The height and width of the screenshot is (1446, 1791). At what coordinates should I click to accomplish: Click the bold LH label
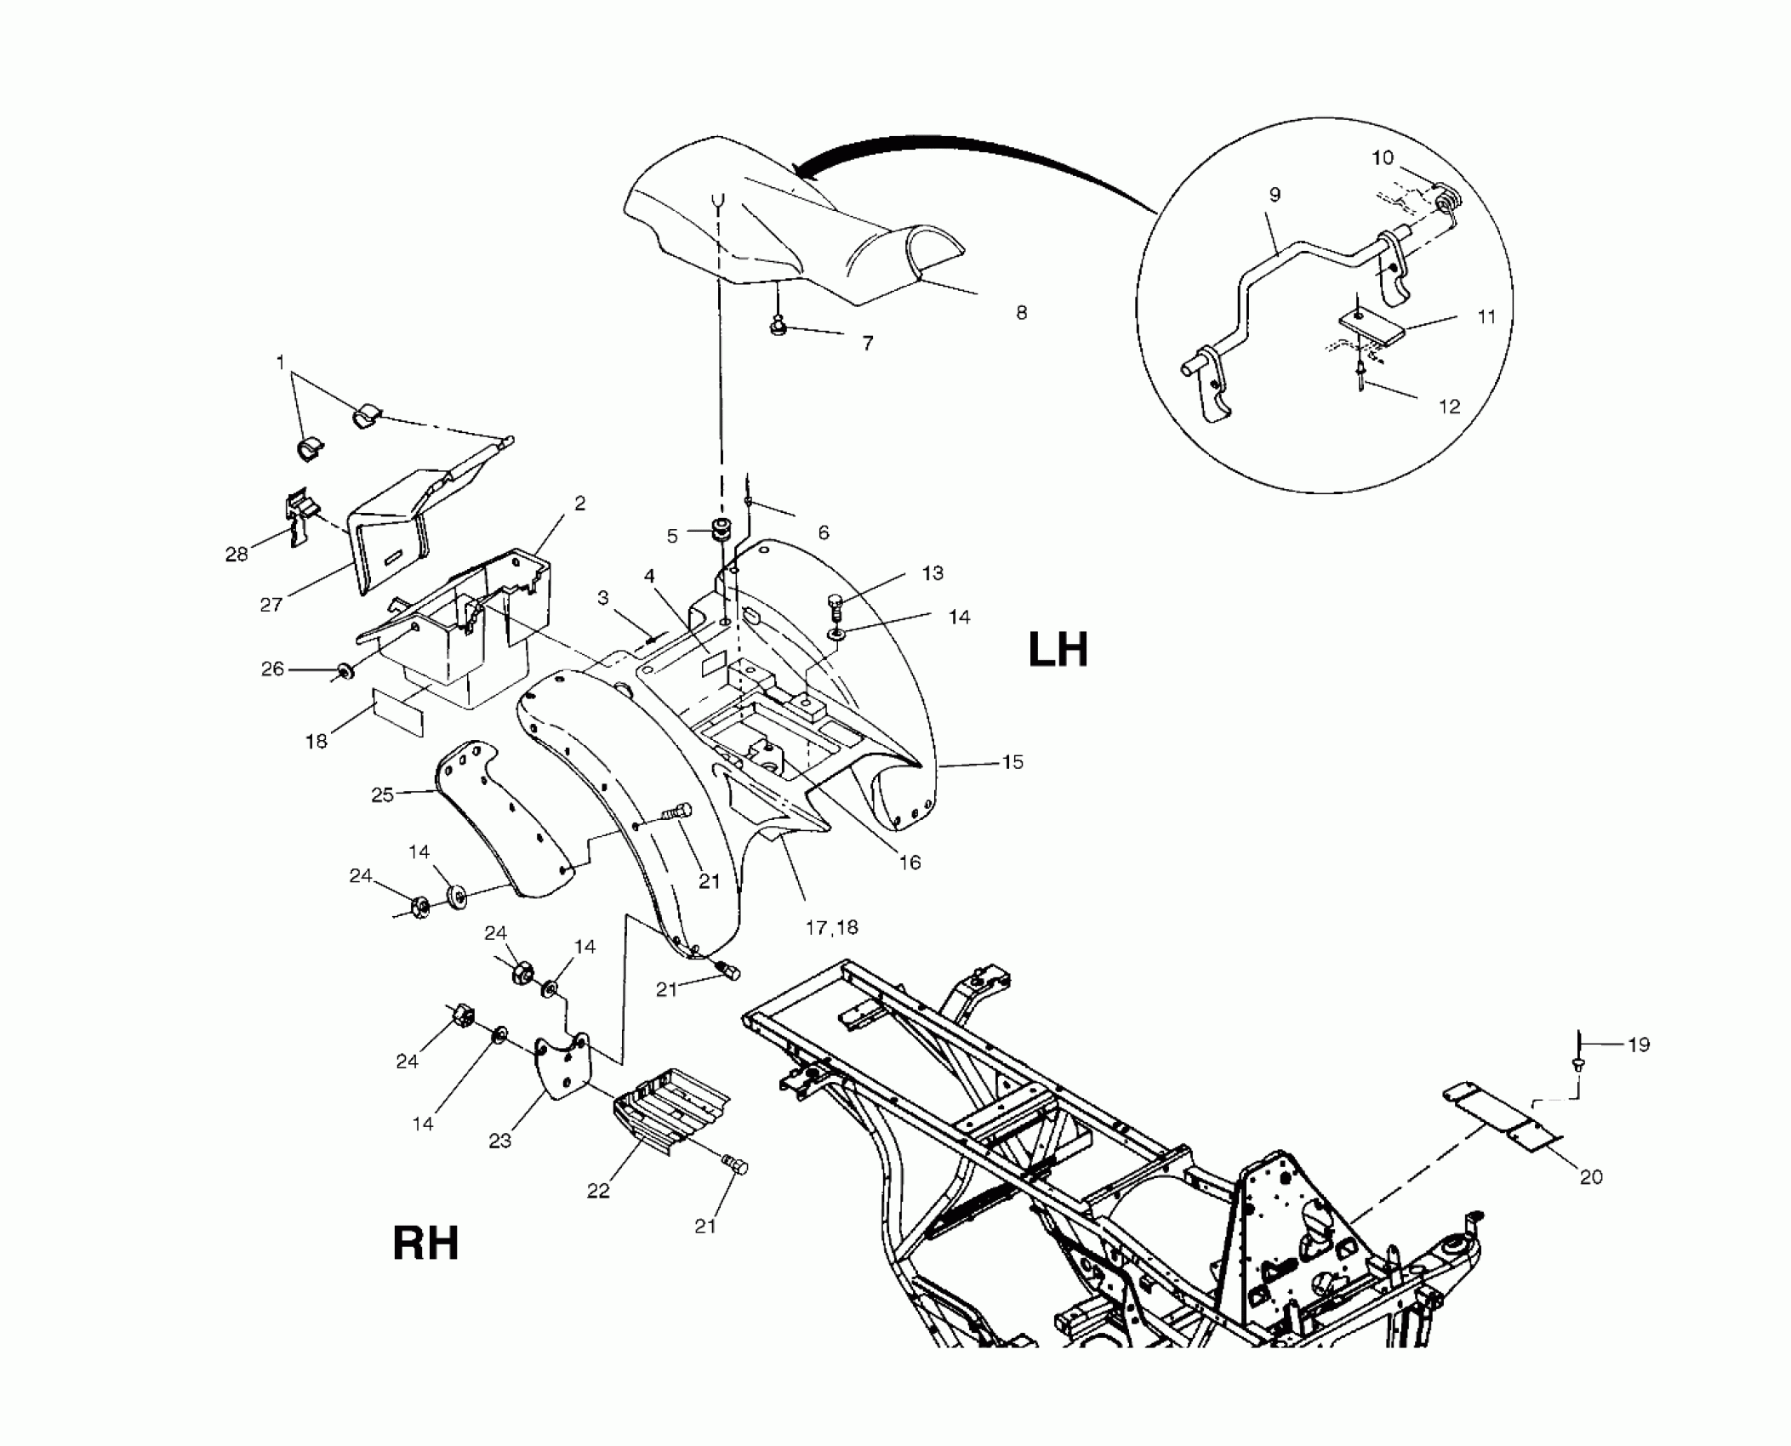(1058, 652)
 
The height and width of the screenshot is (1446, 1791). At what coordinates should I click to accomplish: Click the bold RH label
(425, 1244)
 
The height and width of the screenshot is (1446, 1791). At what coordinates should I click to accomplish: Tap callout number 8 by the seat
(1021, 313)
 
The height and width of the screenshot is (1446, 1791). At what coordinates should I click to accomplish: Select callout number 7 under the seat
(867, 344)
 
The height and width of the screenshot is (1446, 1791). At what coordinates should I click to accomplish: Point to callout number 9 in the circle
(1275, 196)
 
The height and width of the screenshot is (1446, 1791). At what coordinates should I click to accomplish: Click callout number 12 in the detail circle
(1448, 407)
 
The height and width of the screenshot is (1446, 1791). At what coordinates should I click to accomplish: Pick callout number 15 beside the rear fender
(1012, 762)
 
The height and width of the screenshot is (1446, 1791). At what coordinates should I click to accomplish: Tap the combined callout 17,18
(831, 928)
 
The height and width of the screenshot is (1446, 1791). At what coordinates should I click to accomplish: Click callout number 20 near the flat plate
(1591, 1177)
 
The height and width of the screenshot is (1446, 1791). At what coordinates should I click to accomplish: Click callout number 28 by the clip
(236, 555)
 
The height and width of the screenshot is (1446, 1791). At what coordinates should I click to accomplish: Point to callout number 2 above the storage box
(579, 504)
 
